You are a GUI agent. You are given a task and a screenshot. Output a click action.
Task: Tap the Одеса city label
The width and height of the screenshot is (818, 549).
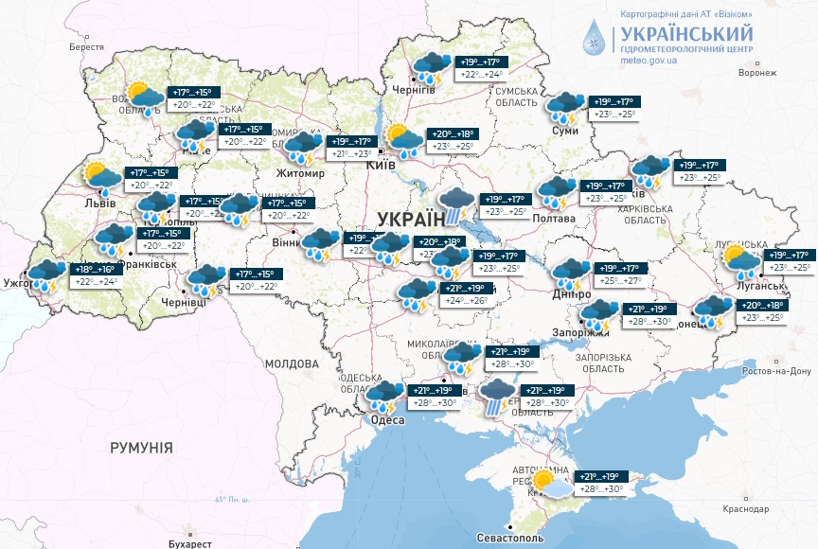click(388, 419)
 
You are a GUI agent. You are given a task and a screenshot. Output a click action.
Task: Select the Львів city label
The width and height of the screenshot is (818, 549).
click(99, 203)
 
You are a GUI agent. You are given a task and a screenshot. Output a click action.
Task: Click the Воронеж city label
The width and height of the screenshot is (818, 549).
click(757, 72)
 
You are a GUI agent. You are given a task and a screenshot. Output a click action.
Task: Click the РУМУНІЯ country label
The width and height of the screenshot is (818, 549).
click(141, 447)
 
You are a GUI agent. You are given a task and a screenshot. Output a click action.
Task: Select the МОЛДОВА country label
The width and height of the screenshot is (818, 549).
click(292, 363)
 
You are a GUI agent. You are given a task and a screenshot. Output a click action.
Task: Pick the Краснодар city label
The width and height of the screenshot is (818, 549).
click(744, 509)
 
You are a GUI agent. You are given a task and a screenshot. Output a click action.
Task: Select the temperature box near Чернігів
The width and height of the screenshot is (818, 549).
click(481, 68)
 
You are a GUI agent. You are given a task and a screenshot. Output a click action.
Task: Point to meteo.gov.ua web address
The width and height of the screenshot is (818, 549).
click(649, 60)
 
